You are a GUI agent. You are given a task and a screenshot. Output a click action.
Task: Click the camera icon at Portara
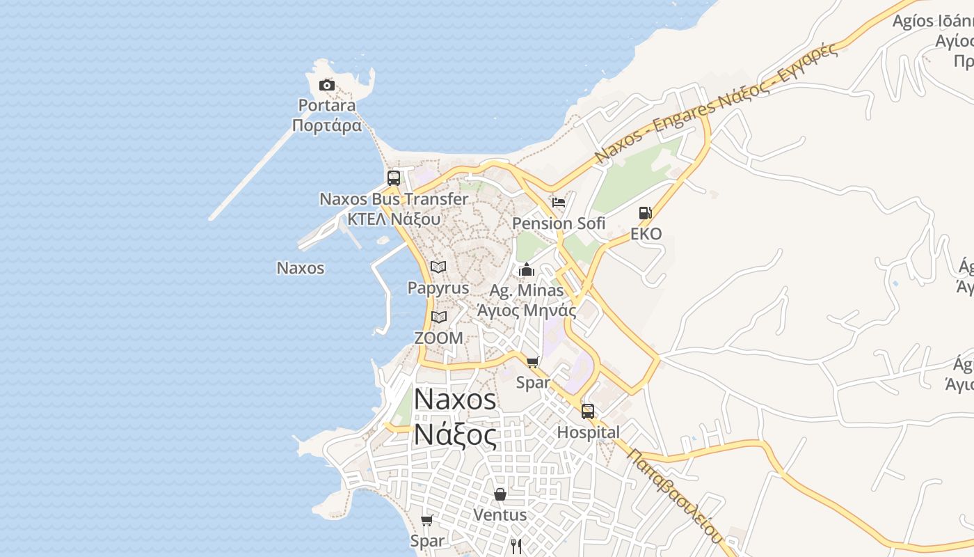tap(326, 86)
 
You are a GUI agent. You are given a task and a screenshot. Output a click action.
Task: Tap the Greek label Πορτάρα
tap(327, 126)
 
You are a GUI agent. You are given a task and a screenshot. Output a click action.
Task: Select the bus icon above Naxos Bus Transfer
tap(394, 178)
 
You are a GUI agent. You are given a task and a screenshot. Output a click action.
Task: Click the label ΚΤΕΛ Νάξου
tap(394, 219)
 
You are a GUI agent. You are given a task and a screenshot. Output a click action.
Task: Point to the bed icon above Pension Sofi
tap(558, 203)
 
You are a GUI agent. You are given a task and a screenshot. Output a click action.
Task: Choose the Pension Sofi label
tap(559, 223)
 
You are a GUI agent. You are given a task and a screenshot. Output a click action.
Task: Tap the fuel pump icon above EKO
tap(646, 213)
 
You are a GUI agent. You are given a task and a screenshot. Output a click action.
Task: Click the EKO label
tap(646, 234)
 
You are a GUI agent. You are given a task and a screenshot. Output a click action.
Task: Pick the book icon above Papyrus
tap(438, 267)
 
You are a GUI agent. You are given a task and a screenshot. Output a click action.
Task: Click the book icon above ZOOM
tap(438, 317)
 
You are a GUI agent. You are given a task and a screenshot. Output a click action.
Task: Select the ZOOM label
tap(438, 338)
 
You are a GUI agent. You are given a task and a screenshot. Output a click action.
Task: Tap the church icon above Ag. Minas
tap(527, 269)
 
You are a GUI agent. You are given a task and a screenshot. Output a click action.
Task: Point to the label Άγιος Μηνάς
tap(527, 311)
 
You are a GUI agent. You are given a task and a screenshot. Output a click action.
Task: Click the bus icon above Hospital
tap(588, 411)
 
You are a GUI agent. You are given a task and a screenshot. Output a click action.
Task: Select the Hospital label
tap(588, 432)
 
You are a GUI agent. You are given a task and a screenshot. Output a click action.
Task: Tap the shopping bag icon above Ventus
tap(500, 494)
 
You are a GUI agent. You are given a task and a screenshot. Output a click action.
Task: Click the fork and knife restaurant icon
tap(516, 546)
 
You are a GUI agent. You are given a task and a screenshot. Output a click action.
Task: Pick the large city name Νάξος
tap(456, 437)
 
